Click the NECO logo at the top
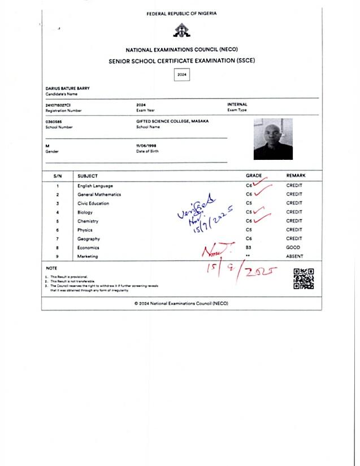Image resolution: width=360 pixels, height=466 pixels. pyautogui.click(x=181, y=31)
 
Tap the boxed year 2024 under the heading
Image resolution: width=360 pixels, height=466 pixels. pyautogui.click(x=181, y=75)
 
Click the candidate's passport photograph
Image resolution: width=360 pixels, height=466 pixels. pyautogui.click(x=273, y=138)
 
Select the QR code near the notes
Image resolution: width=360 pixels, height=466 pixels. pyautogui.click(x=303, y=278)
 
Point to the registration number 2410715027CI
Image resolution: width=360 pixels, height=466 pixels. pyautogui.click(x=58, y=105)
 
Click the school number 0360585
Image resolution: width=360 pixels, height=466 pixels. pyautogui.click(x=54, y=121)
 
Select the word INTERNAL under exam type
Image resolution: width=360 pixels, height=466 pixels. pyautogui.click(x=237, y=104)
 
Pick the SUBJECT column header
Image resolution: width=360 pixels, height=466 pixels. pyautogui.click(x=88, y=176)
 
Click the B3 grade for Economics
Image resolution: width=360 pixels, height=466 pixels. pyautogui.click(x=249, y=247)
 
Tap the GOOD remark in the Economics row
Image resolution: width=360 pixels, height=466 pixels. pyautogui.click(x=293, y=247)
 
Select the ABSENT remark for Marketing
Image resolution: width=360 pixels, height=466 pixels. pyautogui.click(x=294, y=256)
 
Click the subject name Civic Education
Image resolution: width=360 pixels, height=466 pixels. pyautogui.click(x=93, y=203)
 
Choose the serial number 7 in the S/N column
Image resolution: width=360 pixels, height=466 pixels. pyautogui.click(x=58, y=239)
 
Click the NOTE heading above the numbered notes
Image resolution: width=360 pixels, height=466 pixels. pyautogui.click(x=51, y=268)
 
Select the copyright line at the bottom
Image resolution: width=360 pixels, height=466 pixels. pyautogui.click(x=181, y=303)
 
